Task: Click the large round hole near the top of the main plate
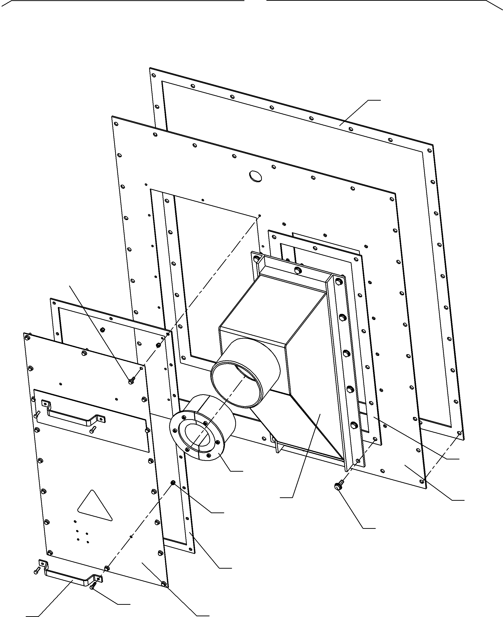tap(255, 176)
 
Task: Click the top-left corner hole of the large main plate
tap(116, 124)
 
